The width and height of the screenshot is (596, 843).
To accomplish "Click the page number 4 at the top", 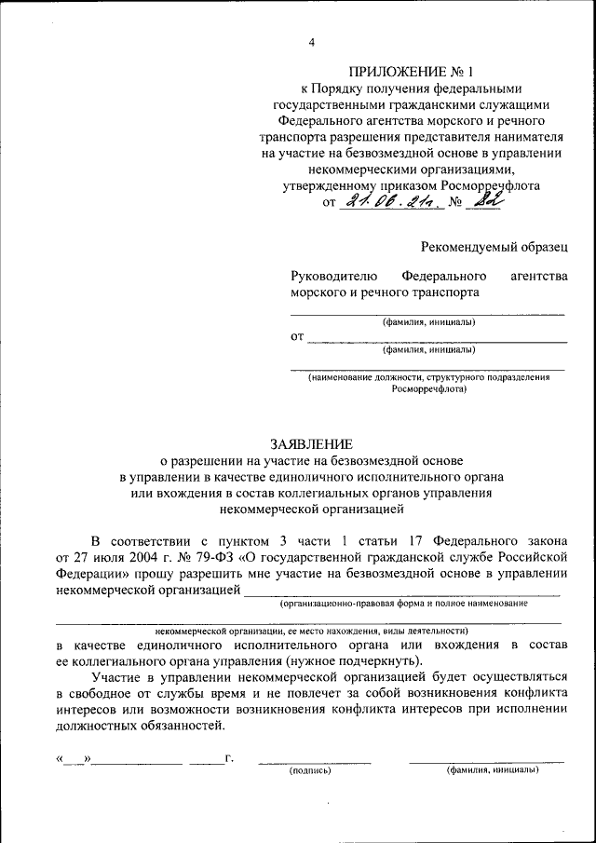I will click(313, 42).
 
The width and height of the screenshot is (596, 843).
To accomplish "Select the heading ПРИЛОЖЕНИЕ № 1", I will click(412, 71).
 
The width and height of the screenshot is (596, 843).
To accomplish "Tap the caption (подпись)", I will click(312, 770).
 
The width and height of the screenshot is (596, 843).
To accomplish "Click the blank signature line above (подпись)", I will click(314, 761).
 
